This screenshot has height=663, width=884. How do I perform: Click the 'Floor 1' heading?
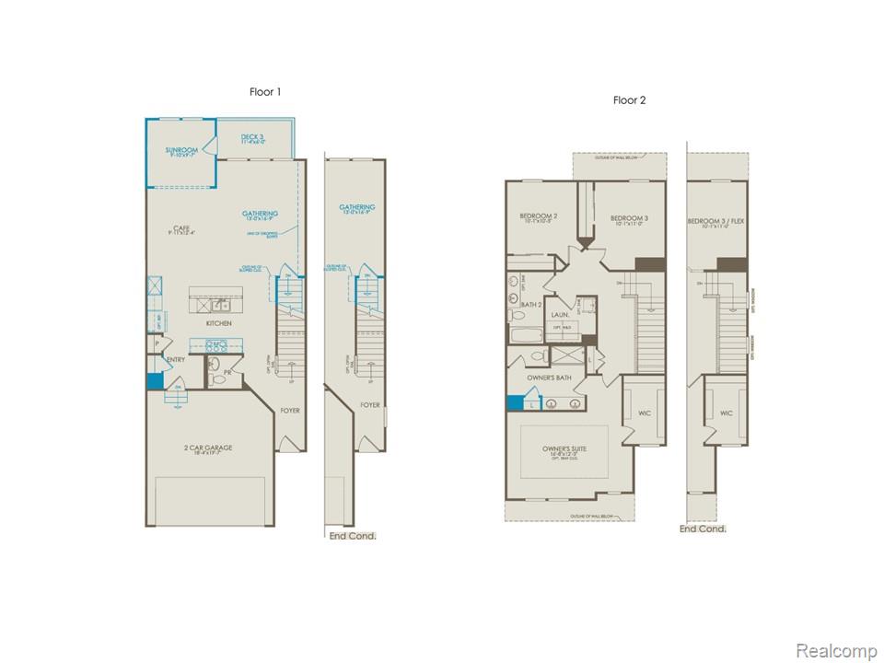[265, 92]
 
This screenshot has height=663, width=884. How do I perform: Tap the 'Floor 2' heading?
[630, 100]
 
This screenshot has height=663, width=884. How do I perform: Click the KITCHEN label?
[218, 323]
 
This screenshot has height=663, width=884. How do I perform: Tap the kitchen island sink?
[219, 305]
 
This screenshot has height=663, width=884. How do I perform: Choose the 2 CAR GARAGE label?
[206, 449]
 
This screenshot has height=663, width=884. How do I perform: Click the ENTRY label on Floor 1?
[176, 360]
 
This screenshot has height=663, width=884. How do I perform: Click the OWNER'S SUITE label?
[564, 449]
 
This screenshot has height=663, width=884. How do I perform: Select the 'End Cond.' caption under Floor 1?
[353, 536]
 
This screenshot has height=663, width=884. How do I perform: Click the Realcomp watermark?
[835, 651]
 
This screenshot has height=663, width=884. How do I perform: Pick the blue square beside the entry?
[155, 380]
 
